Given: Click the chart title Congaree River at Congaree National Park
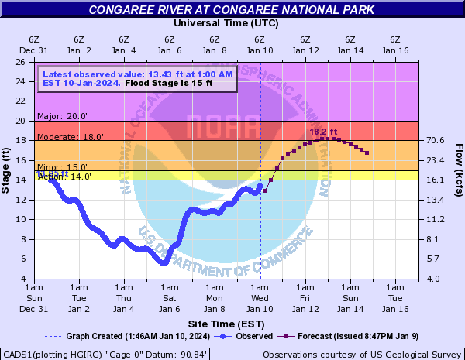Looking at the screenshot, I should (231, 10).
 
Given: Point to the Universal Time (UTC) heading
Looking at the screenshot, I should (226, 23).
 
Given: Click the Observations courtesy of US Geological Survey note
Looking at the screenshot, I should (360, 354).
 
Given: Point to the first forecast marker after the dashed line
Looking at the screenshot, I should (266, 190).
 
